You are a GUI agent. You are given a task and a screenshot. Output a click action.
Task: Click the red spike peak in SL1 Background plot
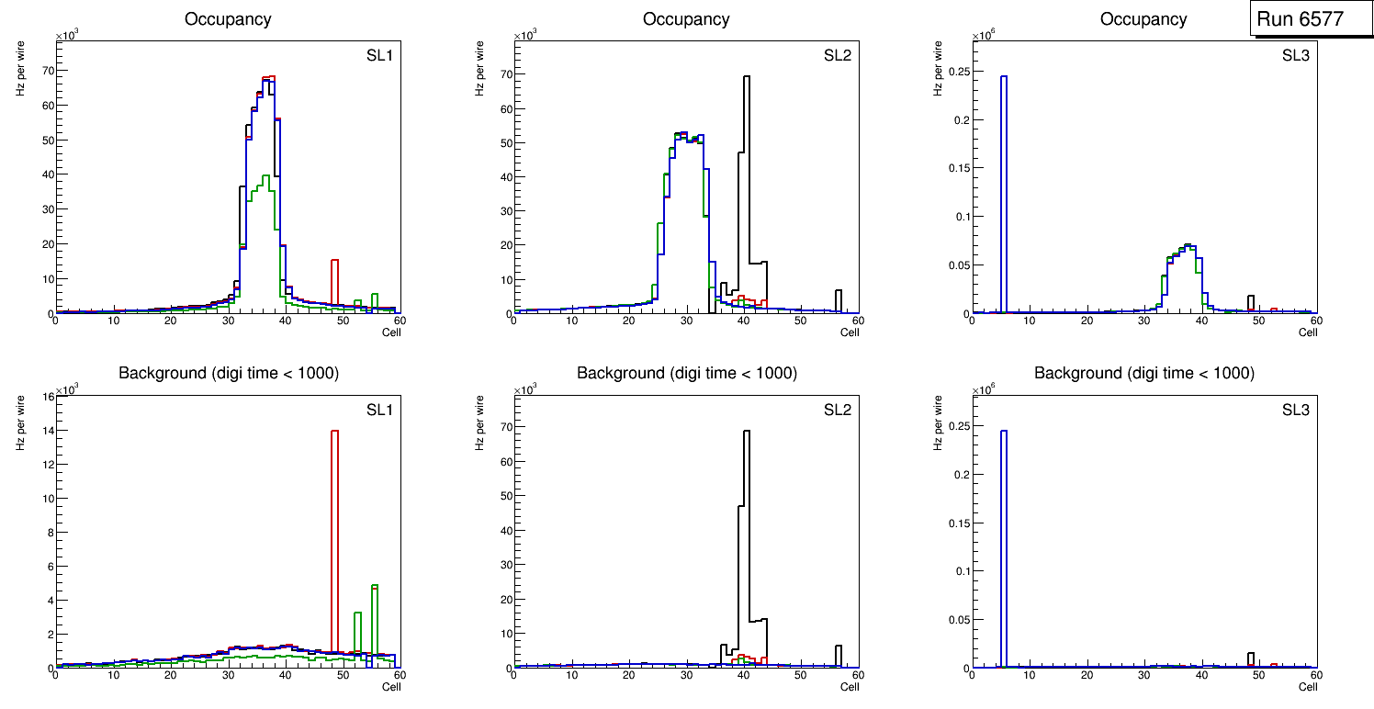[x=334, y=432]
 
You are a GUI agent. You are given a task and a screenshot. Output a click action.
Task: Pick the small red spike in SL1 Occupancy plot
[x=334, y=262]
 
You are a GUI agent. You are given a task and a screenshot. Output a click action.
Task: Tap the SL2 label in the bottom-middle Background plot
[x=837, y=409]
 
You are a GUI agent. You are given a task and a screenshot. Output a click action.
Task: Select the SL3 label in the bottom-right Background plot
[x=1295, y=409]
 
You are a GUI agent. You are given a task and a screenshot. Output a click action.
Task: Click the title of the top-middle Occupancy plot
[x=686, y=19]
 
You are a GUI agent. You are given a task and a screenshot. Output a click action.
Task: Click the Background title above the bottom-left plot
[x=228, y=373]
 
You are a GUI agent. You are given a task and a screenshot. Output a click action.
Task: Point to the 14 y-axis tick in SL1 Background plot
[x=45, y=430]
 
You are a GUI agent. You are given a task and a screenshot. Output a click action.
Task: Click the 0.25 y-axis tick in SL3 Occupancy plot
[x=956, y=77]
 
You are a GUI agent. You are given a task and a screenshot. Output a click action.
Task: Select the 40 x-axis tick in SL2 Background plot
[x=743, y=676]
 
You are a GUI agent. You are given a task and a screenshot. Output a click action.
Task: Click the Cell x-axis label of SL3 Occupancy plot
[x=1308, y=332]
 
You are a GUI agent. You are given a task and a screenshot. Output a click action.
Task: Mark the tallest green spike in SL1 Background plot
[x=375, y=586]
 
